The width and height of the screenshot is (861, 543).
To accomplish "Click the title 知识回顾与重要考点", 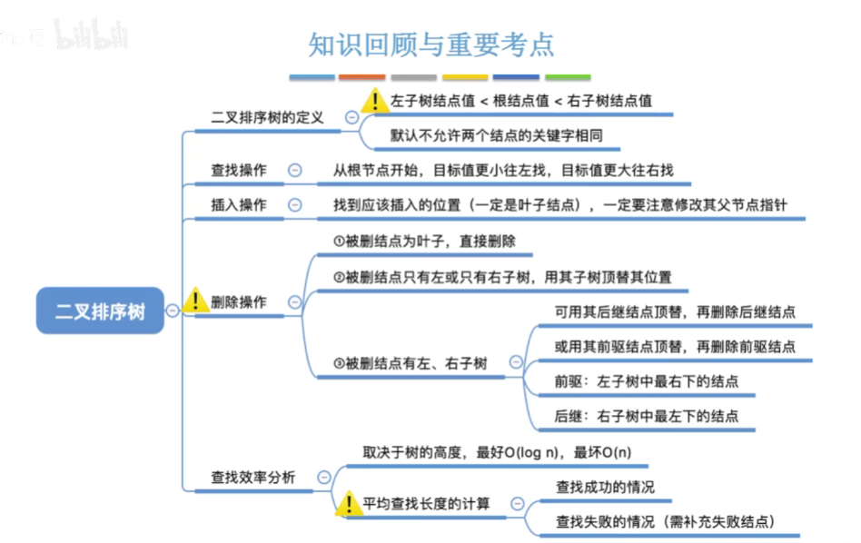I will pyautogui.click(x=431, y=44).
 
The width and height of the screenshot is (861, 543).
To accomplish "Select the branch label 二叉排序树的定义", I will pyautogui.click(x=267, y=118).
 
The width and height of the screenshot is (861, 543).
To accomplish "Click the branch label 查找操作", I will pyautogui.click(x=239, y=170).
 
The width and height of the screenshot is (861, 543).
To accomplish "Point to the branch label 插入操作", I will pyautogui.click(x=239, y=205).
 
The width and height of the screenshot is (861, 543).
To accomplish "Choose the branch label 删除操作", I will pyautogui.click(x=239, y=302).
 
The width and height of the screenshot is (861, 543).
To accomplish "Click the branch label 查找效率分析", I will pyautogui.click(x=253, y=477).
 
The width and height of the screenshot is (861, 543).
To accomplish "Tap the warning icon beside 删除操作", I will pyautogui.click(x=195, y=301).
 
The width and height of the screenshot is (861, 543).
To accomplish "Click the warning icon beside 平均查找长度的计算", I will pyautogui.click(x=349, y=502).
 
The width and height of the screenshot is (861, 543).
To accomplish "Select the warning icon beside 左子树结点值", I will pyautogui.click(x=374, y=100).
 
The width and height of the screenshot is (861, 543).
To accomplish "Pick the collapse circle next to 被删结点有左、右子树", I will pyautogui.click(x=516, y=362).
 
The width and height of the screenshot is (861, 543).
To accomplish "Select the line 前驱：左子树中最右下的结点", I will pyautogui.click(x=646, y=381).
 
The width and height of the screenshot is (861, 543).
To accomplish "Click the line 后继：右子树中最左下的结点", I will pyautogui.click(x=646, y=417).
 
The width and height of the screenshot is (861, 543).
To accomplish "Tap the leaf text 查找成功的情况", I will pyautogui.click(x=605, y=487).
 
